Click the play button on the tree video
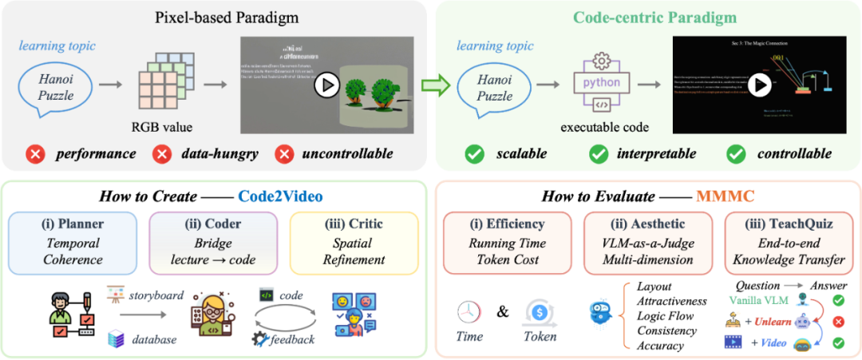click(326, 85)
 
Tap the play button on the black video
click(758, 84)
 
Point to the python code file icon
click(602, 82)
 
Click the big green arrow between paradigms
click(433, 84)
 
